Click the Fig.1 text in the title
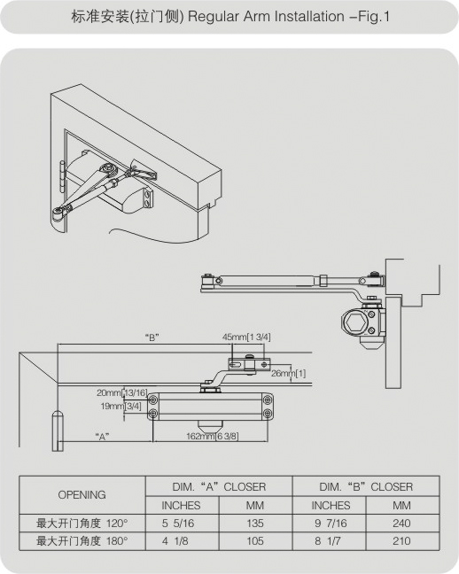[x=374, y=17]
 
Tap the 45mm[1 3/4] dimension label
[x=246, y=337]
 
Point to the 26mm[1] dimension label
[x=288, y=374]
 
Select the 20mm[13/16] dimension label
[x=122, y=392]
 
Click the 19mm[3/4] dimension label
[x=121, y=406]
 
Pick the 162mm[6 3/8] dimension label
[x=213, y=436]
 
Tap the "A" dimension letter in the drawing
[x=102, y=437]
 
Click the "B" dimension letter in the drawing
[x=152, y=337]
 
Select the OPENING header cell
[x=82, y=495]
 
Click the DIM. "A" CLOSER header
[x=219, y=487]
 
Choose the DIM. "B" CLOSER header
[x=366, y=487]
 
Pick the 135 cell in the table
[x=255, y=524]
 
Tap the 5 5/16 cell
[x=178, y=524]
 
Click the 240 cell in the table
[x=401, y=524]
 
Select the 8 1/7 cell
[x=327, y=541]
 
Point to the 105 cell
[x=255, y=541]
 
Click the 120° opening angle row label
[x=82, y=524]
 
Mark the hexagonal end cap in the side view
[x=354, y=322]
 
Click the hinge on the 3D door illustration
[x=62, y=176]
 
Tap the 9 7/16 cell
[x=331, y=524]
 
